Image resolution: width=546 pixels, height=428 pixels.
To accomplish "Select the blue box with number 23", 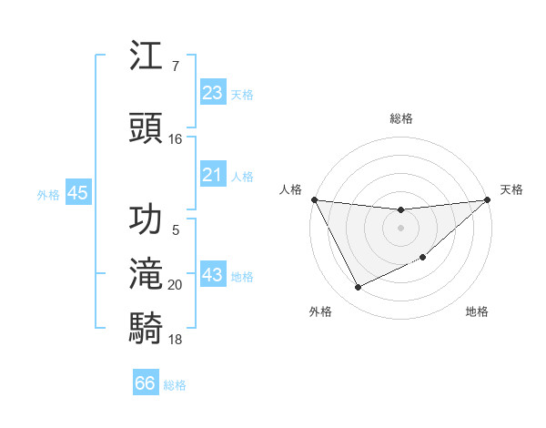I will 213,93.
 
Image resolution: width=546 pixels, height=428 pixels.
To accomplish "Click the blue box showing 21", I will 213,175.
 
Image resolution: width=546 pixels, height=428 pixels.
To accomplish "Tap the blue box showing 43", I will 213,275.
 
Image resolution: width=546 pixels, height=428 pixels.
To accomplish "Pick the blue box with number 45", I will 77,193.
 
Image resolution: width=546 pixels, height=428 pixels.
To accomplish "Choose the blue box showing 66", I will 146,383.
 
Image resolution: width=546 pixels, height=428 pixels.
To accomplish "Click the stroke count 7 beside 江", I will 176,66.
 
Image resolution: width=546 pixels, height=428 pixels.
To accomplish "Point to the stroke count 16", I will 176,138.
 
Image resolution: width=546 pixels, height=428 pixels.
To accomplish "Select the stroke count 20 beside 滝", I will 176,285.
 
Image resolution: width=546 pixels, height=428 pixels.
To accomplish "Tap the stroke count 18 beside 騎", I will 176,339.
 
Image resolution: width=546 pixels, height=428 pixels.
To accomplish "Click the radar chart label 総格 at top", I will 401,118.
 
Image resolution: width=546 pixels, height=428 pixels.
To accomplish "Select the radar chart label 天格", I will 511,189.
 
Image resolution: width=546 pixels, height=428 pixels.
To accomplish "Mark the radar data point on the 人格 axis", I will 315,199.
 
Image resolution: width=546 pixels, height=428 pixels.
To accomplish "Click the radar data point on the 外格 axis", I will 358,288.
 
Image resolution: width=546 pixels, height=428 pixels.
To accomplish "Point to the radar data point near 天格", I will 487,199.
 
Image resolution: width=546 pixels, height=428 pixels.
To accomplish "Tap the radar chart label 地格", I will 477,311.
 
